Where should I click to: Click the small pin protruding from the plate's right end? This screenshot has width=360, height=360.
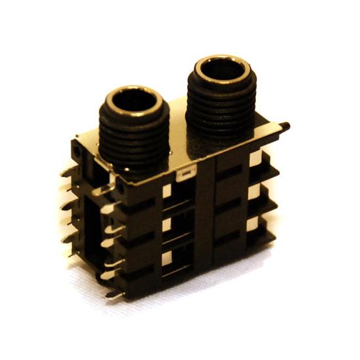tap(286, 124)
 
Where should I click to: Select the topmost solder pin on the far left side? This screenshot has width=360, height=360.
tap(65, 173)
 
